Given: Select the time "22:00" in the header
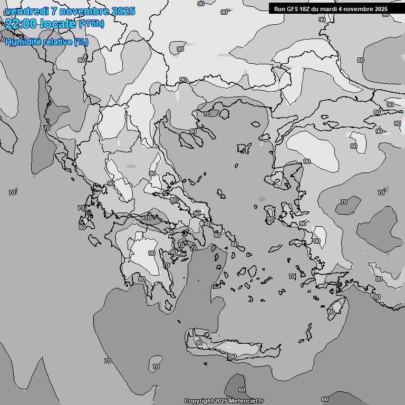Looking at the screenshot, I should (x=20, y=24).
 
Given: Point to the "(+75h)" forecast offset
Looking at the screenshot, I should (x=91, y=24).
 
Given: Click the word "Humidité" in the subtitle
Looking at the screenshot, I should (x=23, y=42).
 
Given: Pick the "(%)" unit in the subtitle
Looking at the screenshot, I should (x=81, y=42).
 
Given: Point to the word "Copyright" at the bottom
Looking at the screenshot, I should (x=198, y=401).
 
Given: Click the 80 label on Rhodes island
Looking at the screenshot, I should (x=331, y=312).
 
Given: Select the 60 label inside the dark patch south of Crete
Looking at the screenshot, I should (x=242, y=390).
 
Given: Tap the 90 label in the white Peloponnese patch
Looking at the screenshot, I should (x=152, y=253).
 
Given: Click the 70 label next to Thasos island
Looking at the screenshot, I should (x=207, y=113).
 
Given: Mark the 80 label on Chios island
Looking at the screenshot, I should (x=270, y=219).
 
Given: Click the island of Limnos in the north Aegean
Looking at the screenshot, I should (x=244, y=148).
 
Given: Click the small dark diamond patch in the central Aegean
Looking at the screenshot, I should (x=262, y=199).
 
